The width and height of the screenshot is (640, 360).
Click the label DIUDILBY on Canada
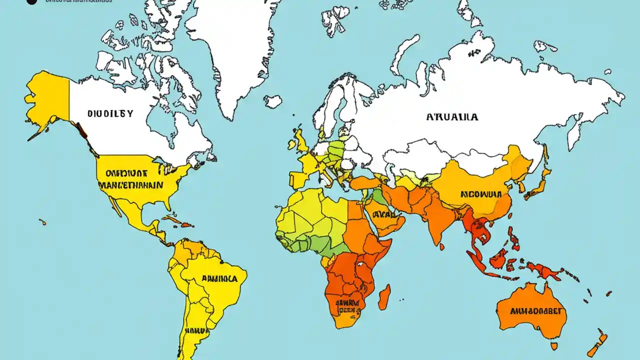(x=110, y=113)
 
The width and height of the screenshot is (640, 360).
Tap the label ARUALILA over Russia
(x=452, y=117)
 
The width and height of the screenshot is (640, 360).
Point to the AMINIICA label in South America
(x=219, y=278)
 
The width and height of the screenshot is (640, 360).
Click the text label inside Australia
(x=538, y=310)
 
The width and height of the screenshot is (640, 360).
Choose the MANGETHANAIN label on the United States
(x=130, y=184)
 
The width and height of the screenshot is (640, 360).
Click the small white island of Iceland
(x=273, y=101)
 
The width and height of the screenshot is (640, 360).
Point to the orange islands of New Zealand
(x=597, y=345)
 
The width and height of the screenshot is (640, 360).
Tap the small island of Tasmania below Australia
(x=554, y=345)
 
